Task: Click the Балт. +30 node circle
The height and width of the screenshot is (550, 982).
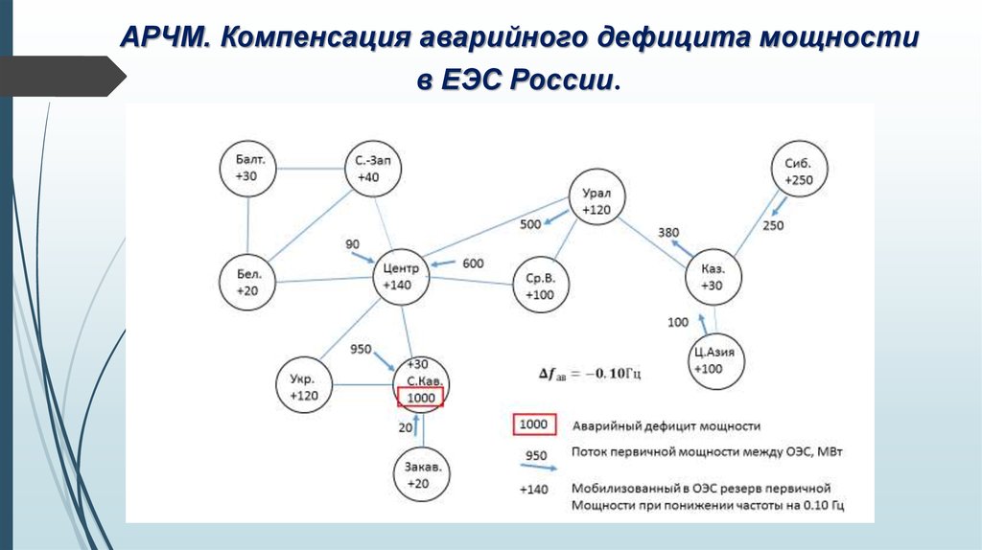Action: [248, 169]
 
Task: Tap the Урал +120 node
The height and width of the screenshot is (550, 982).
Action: [596, 200]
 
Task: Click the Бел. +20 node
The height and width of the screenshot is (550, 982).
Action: [248, 283]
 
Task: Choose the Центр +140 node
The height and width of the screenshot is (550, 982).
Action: [401, 276]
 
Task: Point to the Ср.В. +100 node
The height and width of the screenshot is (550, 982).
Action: [540, 286]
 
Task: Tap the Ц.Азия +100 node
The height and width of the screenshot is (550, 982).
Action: [714, 360]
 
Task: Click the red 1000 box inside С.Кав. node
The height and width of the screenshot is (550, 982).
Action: [421, 398]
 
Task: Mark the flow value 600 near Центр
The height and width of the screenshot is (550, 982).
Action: [473, 264]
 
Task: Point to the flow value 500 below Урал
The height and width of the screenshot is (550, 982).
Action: [530, 224]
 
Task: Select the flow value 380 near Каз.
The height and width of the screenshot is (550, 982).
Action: [668, 233]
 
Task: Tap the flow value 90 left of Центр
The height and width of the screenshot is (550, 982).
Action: [353, 245]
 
